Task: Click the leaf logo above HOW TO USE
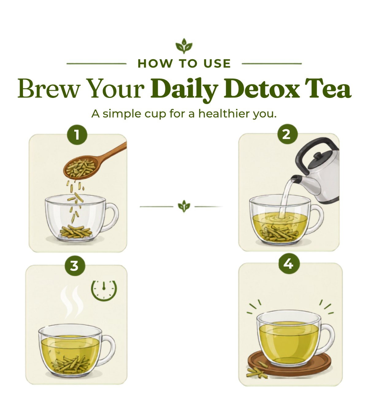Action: pyautogui.click(x=184, y=46)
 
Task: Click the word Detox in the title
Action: pyautogui.click(x=262, y=88)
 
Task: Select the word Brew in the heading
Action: pyautogui.click(x=49, y=88)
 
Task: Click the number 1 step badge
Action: pyautogui.click(x=77, y=135)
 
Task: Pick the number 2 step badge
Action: pyautogui.click(x=287, y=134)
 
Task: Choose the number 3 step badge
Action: pyautogui.click(x=75, y=266)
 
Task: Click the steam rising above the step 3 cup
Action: pyautogui.click(x=72, y=302)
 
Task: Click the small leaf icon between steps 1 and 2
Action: pyautogui.click(x=184, y=206)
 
